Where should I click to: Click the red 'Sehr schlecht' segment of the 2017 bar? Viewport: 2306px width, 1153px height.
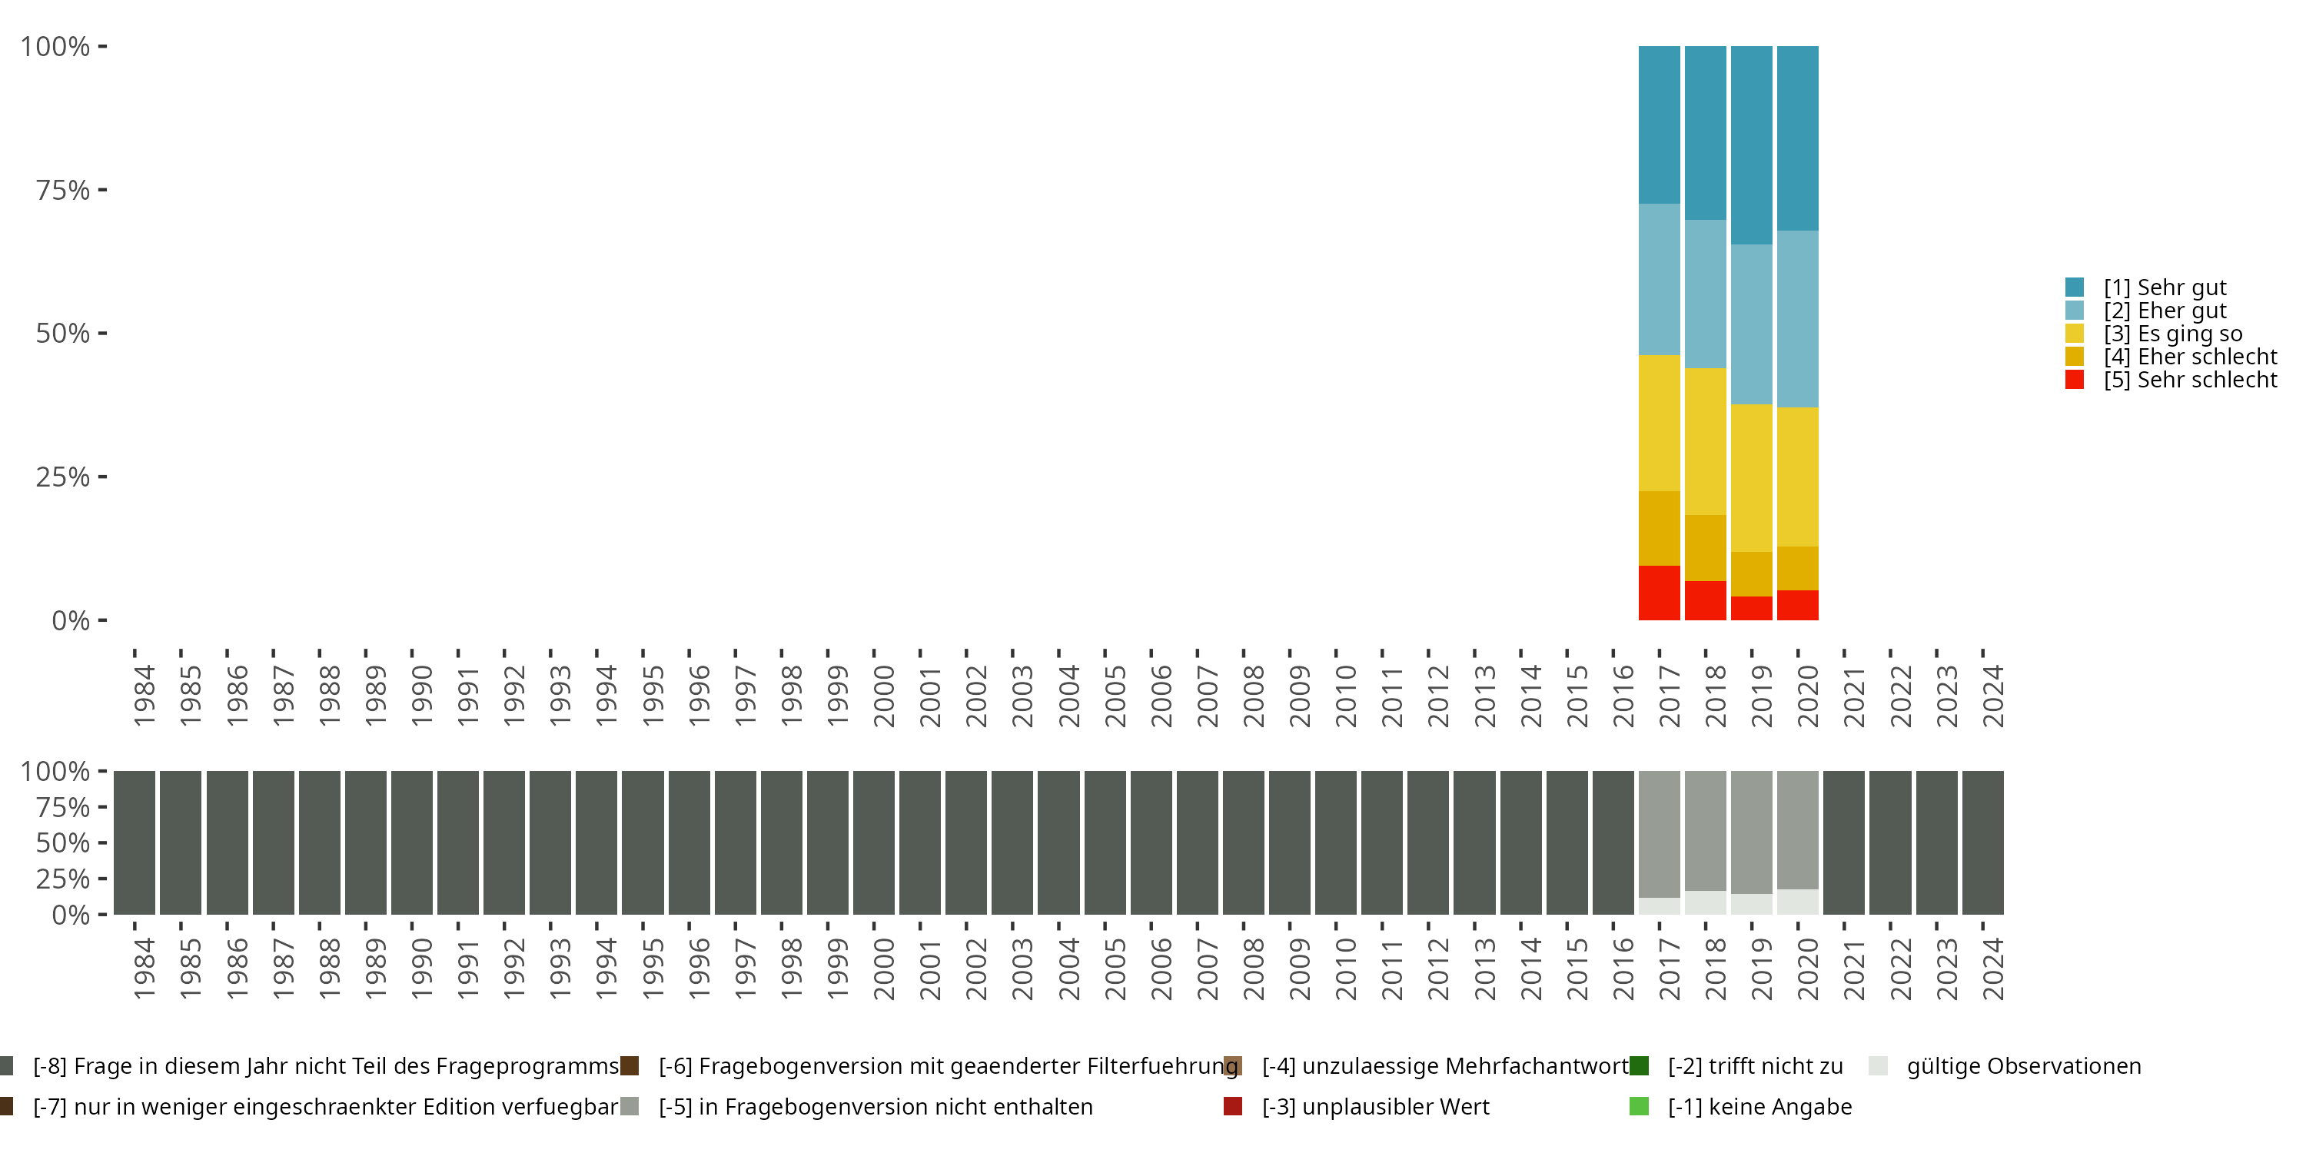tap(1659, 593)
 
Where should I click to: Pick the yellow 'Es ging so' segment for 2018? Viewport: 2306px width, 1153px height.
tap(1706, 441)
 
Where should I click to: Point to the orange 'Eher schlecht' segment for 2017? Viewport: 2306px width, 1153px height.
tap(1659, 528)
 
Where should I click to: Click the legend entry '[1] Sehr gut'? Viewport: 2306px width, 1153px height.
tap(2165, 287)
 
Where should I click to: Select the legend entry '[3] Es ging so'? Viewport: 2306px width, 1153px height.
tap(2172, 334)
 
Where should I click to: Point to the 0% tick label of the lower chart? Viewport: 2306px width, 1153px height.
tap(71, 915)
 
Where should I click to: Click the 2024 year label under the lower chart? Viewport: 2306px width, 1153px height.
tap(1992, 969)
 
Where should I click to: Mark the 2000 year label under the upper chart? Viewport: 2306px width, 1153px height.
tap(883, 696)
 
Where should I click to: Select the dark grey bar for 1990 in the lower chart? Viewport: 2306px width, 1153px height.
tap(412, 842)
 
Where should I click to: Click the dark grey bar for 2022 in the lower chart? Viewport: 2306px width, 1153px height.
tap(1889, 842)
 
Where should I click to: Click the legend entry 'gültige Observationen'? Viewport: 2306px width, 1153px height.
tap(2023, 1066)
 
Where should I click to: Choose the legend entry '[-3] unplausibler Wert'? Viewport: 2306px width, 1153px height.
tap(1375, 1106)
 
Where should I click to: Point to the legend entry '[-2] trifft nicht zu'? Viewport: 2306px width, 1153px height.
tap(1755, 1066)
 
